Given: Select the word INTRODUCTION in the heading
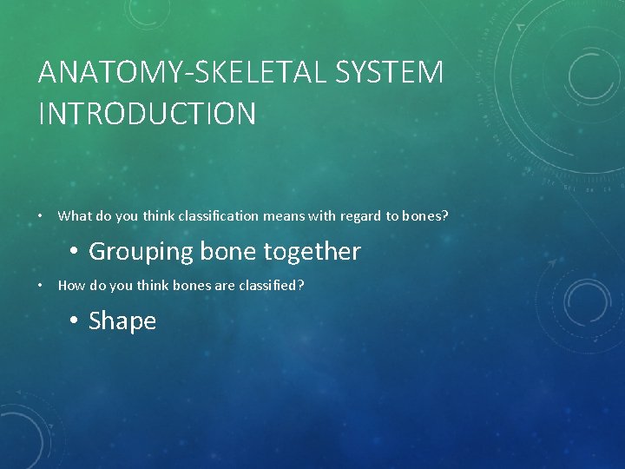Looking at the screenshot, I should pos(147,114).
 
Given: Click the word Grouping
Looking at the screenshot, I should pos(141,252).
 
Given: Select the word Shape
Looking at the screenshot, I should pos(122,321).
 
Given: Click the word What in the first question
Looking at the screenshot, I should pos(73,215).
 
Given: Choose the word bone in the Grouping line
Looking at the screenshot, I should pos(228,252).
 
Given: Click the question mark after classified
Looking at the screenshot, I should pos(301,285).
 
